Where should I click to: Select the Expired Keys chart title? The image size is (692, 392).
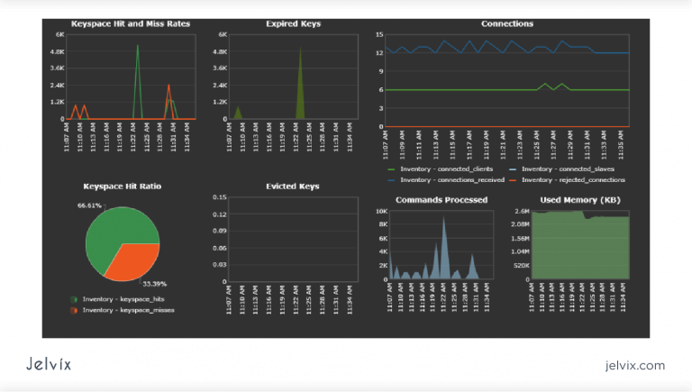click(x=293, y=23)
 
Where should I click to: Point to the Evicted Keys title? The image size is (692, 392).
click(x=293, y=186)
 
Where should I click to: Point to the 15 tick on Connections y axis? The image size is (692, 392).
click(x=379, y=34)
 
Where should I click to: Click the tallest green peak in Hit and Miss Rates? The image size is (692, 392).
click(x=138, y=46)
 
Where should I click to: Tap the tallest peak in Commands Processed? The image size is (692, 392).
click(x=442, y=219)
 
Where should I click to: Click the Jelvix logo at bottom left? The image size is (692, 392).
click(x=49, y=364)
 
